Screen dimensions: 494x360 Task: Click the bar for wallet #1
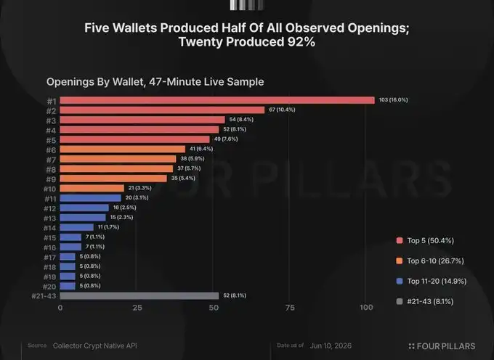point(217,100)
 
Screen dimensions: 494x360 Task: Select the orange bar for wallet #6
point(123,150)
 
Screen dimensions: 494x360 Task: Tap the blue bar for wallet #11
point(90,198)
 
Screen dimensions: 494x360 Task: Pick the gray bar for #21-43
point(139,296)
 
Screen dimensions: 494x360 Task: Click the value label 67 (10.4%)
point(282,110)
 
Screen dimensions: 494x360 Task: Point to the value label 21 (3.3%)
point(140,188)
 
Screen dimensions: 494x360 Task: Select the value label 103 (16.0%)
point(393,99)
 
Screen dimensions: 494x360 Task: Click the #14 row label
point(50,228)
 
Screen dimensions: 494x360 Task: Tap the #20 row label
point(49,287)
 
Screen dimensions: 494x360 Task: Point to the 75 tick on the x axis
point(290,308)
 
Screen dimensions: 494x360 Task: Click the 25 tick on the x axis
point(137,308)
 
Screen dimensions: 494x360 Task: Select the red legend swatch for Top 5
point(400,241)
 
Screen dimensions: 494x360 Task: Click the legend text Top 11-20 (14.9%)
point(437,281)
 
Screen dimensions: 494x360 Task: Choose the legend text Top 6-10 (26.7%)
point(435,261)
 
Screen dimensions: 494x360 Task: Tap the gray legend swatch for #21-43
point(400,301)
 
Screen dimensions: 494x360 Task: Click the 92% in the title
point(301,42)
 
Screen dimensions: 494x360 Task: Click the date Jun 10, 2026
point(331,345)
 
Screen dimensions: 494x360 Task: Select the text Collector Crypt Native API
point(95,345)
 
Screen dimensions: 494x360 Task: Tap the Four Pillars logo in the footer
point(442,346)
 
